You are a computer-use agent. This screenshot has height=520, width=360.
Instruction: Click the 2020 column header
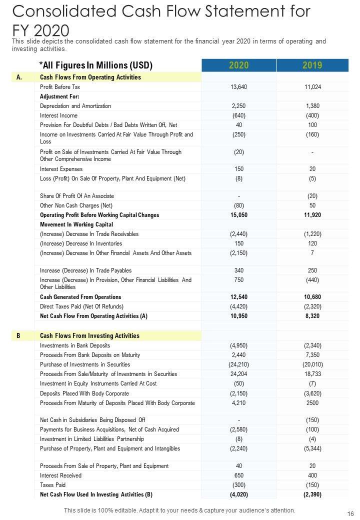238,65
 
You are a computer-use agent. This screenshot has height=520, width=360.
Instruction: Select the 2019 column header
312,65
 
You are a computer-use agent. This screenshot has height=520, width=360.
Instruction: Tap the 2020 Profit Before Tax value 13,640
239,87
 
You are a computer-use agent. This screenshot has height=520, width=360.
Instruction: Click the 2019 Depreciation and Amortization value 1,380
312,106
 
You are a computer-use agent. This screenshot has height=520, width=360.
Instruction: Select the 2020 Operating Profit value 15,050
239,215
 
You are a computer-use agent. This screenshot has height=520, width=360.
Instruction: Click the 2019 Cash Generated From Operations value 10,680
312,297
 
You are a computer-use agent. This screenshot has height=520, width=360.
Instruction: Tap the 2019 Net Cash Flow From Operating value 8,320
312,316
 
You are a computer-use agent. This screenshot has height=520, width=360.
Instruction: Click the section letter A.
19,77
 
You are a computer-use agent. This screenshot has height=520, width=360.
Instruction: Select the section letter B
18,335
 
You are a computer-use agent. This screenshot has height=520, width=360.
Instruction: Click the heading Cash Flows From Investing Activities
89,335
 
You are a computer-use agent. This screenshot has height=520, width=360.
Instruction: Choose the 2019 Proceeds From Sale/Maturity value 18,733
312,374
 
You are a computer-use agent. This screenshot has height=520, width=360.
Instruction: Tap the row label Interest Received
60,475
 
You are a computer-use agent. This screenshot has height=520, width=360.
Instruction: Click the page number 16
347,512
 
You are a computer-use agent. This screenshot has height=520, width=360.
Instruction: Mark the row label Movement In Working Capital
76,224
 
